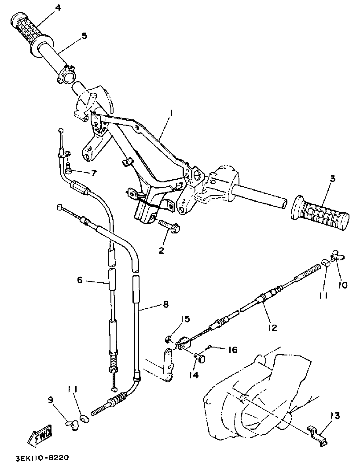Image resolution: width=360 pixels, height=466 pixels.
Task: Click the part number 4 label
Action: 57,8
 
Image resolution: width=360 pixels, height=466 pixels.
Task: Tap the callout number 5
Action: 84,36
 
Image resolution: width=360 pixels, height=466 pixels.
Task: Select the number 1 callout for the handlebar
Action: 171,113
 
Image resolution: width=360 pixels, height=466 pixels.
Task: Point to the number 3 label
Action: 332,179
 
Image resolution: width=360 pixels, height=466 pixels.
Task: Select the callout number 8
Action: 165,303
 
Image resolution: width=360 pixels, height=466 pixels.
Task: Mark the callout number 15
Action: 186,318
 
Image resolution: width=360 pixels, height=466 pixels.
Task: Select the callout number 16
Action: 233,350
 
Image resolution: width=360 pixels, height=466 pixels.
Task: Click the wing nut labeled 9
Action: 71,423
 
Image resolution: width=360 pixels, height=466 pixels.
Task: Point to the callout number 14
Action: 194,375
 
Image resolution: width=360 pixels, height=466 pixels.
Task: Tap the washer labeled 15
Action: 169,339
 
